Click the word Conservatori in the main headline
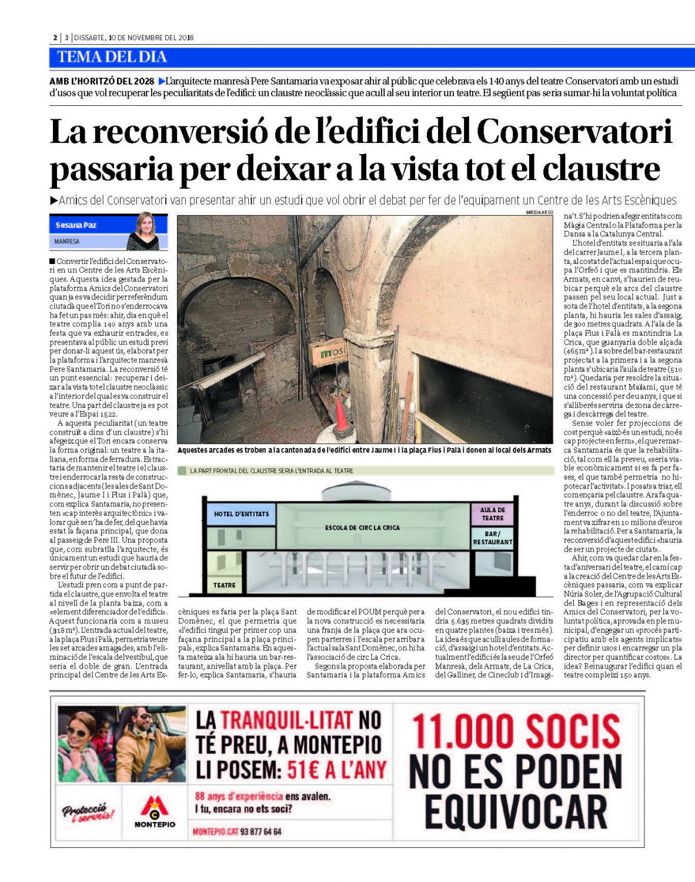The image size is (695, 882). [x=574, y=132]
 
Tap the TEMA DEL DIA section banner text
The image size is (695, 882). [x=112, y=57]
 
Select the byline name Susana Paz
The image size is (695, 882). [x=76, y=225]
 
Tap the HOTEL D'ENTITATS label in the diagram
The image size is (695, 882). [x=241, y=514]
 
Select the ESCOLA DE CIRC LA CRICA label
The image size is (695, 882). [x=362, y=528]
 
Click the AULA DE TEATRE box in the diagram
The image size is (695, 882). [x=492, y=514]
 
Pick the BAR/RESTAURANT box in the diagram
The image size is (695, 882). [x=492, y=537]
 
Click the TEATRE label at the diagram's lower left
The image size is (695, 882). [x=225, y=585]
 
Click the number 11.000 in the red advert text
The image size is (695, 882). [x=462, y=732]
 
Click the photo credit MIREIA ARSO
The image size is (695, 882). [x=540, y=212]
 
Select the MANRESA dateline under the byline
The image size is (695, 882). [x=67, y=242]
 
